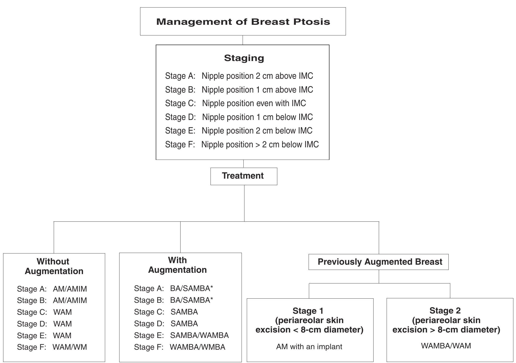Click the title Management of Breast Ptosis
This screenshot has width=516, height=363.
click(x=243, y=22)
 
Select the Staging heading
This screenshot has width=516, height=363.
click(x=244, y=58)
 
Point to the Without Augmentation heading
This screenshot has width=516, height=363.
click(x=54, y=266)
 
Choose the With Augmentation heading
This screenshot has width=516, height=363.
click(x=177, y=265)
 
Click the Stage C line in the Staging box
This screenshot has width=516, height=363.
click(x=235, y=103)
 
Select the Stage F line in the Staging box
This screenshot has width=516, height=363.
click(x=242, y=144)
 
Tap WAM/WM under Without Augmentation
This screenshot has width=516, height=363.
click(x=70, y=347)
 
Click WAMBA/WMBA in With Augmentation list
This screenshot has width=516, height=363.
click(x=197, y=347)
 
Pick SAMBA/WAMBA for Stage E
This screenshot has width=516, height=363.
click(x=199, y=335)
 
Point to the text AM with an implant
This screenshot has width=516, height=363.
click(x=309, y=347)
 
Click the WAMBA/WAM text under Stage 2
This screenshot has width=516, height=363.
click(x=446, y=346)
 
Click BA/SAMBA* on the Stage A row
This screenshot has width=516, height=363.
click(x=191, y=288)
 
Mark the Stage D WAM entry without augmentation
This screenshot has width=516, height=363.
click(x=62, y=324)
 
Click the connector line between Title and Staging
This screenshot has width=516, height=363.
click(x=243, y=40)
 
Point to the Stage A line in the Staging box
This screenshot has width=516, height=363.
click(x=239, y=76)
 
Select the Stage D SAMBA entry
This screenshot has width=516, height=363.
click(x=184, y=324)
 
